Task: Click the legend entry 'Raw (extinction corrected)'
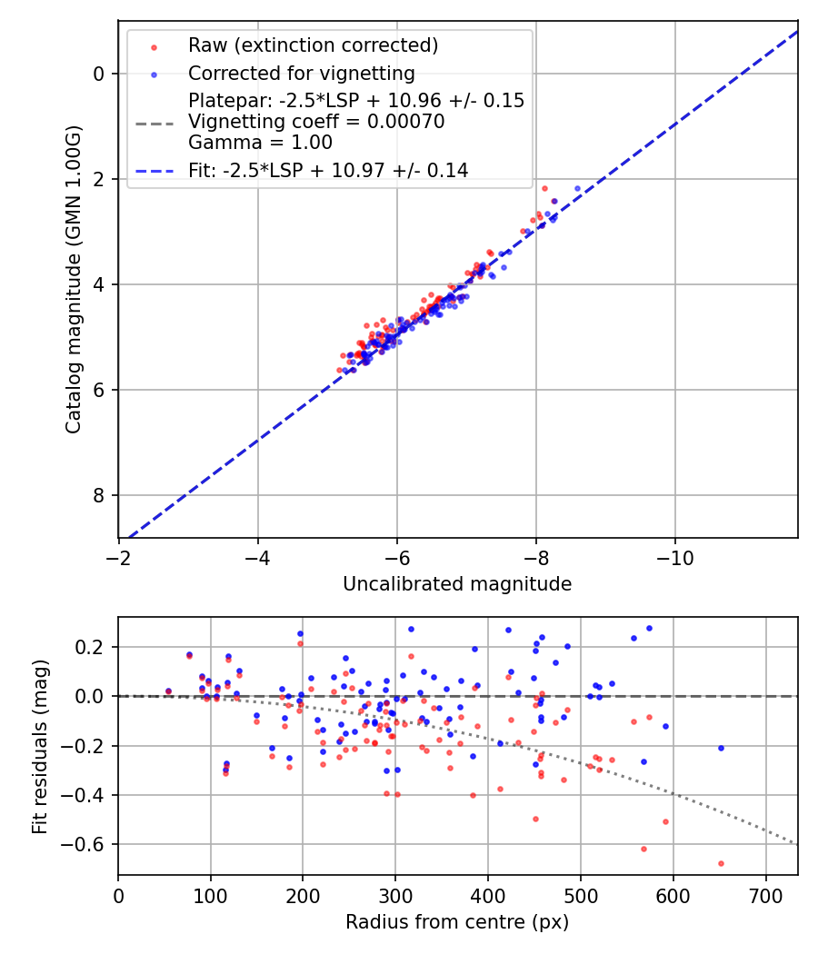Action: click(x=313, y=45)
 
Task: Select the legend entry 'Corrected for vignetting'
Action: click(x=301, y=74)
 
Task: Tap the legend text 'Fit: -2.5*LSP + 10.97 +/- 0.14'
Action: click(x=328, y=170)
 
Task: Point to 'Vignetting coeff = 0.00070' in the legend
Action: click(x=316, y=122)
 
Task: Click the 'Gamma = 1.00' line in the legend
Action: click(x=260, y=143)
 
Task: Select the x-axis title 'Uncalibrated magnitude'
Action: click(x=457, y=584)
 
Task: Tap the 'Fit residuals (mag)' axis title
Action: click(x=39, y=747)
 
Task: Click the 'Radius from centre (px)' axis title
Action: click(x=457, y=922)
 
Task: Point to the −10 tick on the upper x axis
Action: click(x=674, y=557)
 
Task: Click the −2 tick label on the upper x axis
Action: click(x=118, y=557)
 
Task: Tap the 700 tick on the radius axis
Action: click(x=766, y=895)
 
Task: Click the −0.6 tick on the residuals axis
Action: click(x=92, y=844)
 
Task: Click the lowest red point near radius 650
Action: click(x=721, y=863)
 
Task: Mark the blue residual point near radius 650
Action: click(x=721, y=748)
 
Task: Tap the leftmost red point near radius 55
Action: click(x=168, y=691)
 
